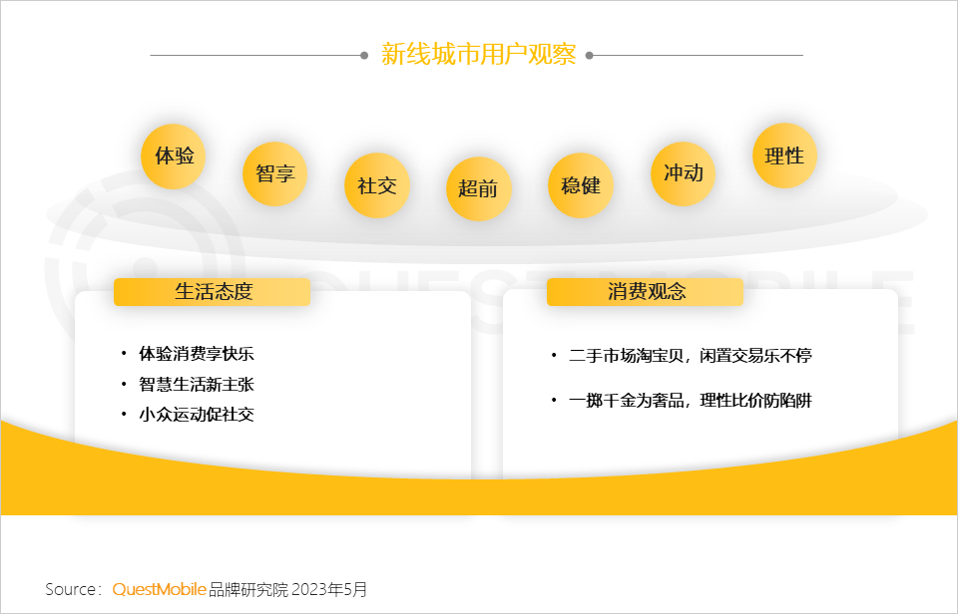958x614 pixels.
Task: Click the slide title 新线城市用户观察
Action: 478,54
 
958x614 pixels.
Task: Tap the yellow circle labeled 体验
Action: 174,156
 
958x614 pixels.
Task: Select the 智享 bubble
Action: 275,174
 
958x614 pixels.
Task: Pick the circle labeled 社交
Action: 377,185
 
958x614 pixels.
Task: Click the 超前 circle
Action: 478,188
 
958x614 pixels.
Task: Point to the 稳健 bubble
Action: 581,185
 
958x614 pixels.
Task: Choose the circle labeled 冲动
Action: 683,174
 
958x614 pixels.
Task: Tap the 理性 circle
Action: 784,156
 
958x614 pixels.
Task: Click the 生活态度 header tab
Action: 212,292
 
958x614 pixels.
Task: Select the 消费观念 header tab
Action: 646,292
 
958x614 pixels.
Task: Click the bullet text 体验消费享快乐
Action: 197,354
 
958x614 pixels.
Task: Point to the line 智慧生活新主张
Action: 197,385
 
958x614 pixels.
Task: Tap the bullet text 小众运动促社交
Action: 197,415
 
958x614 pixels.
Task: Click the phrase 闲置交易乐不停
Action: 755,355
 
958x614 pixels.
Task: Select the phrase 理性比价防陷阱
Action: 755,401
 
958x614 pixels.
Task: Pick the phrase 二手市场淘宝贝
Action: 626,355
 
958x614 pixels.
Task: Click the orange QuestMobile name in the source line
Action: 160,590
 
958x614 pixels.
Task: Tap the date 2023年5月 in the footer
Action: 329,590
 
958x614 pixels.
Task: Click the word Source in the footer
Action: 70,590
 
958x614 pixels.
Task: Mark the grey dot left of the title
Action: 364,56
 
